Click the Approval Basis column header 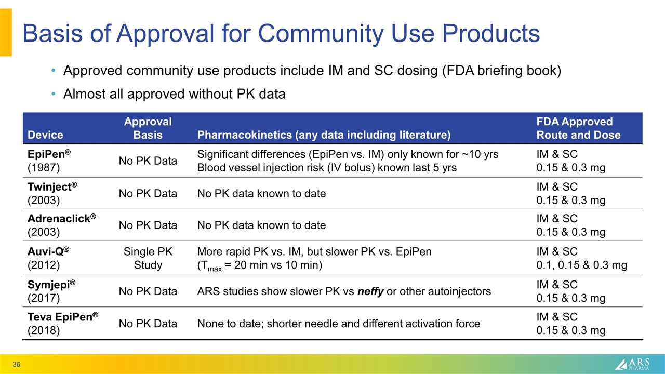148,128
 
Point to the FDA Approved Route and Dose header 578,128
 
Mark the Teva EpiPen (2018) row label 63,324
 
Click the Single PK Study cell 148,258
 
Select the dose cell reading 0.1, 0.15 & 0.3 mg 581,265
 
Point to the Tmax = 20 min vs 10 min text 260,265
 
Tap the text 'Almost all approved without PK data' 174,94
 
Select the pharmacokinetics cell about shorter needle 338,324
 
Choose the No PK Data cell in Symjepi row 148,291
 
